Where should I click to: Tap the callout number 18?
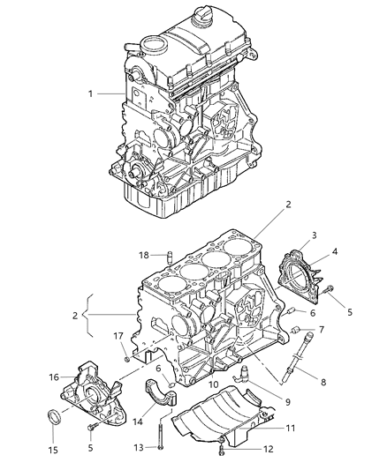click(144, 256)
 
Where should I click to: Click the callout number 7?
click(322, 329)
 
